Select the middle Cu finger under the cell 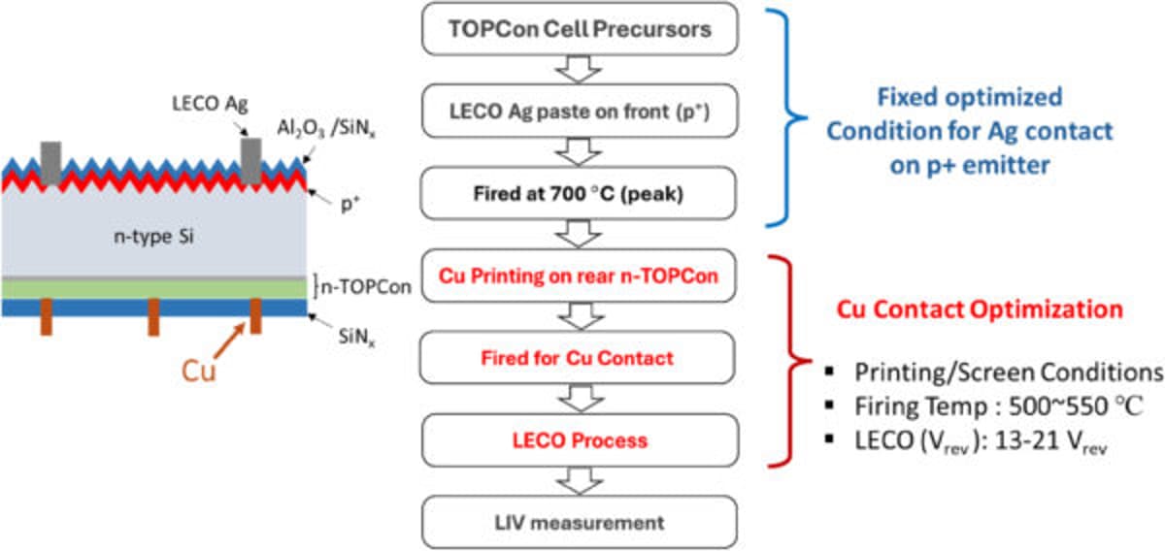tap(154, 317)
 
